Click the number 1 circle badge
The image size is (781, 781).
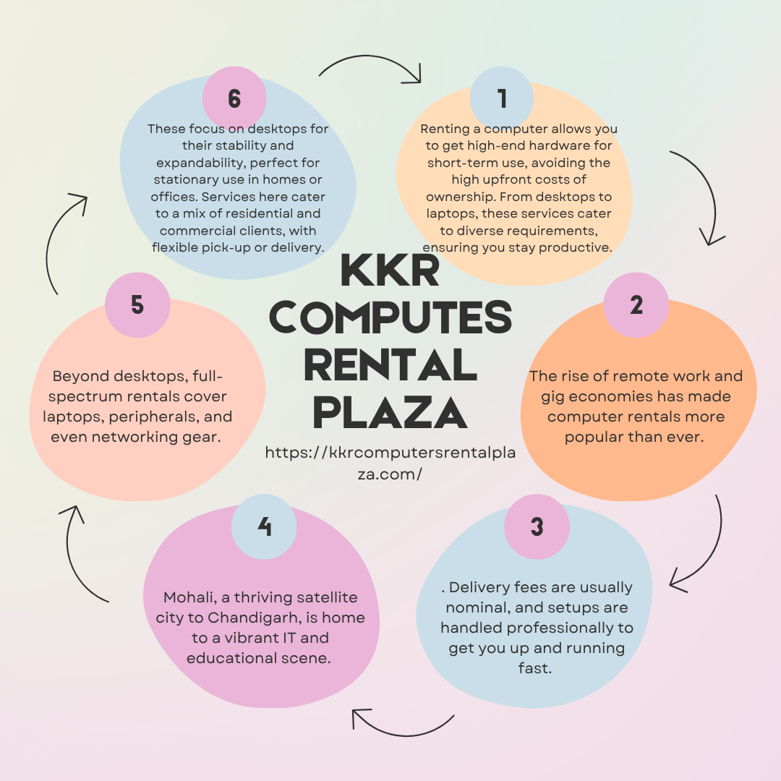[502, 98]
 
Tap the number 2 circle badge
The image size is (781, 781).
[636, 305]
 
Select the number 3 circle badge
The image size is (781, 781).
[537, 526]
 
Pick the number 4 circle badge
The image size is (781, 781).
[264, 526]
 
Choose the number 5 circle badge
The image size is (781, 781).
[137, 305]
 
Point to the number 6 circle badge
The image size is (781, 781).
[234, 98]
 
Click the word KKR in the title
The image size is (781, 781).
[390, 270]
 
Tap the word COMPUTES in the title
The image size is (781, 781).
[390, 317]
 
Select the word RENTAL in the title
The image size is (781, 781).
[390, 364]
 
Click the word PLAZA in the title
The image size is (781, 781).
[390, 412]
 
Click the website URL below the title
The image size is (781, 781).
[390, 463]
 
